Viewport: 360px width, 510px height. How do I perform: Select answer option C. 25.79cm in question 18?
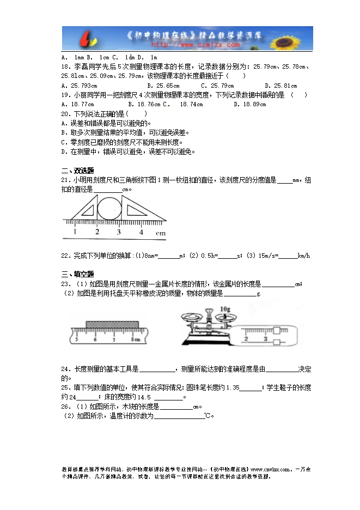point(217,86)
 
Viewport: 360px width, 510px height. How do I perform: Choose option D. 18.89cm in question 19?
point(249,104)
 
